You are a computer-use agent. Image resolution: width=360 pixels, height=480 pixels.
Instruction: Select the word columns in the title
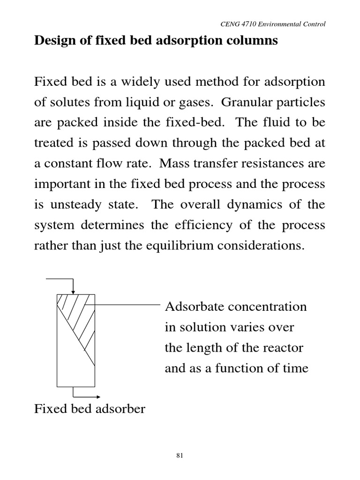pos(254,41)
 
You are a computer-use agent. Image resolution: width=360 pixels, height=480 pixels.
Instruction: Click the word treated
pos(51,144)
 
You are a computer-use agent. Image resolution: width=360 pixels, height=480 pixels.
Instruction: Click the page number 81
pos(180,455)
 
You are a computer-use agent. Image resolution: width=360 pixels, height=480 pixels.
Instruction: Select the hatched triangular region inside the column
pos(73,312)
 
